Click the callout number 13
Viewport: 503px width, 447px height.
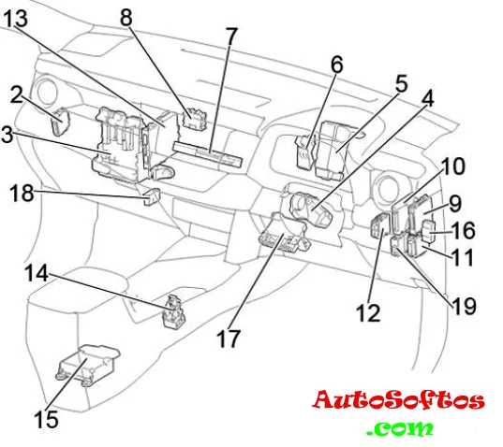pos(16,19)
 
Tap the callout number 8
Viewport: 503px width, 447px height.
pos(126,17)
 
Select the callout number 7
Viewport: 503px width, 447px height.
pos(231,36)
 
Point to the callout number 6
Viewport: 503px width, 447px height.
pos(337,64)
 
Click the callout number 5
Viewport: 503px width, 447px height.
pos(401,83)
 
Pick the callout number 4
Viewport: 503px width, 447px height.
pos(428,98)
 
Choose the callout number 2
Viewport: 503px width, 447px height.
pos(17,94)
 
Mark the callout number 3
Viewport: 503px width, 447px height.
pos(7,135)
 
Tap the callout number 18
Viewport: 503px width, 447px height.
pos(22,193)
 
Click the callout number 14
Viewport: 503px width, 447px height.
pos(37,273)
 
